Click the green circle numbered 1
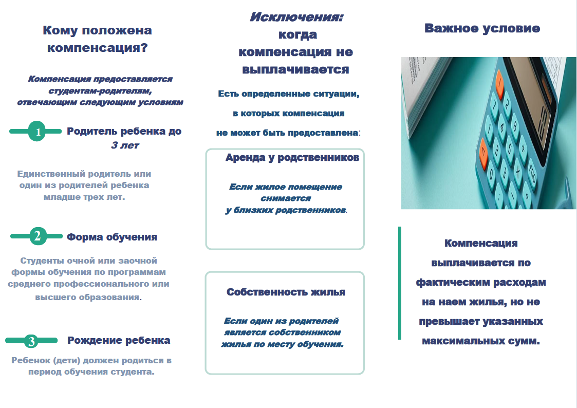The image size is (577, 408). pyautogui.click(x=37, y=131)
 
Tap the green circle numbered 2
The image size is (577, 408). pyautogui.click(x=38, y=236)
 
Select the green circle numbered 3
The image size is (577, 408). pyautogui.click(x=31, y=341)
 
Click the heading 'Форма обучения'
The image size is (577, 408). pyautogui.click(x=112, y=237)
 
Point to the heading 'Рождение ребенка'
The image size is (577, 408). pyautogui.click(x=119, y=340)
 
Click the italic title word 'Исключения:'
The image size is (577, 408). pyautogui.click(x=296, y=17)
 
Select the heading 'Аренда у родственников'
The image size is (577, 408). pyautogui.click(x=292, y=157)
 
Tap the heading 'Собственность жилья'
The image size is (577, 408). pyautogui.click(x=286, y=292)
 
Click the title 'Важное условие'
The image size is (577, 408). pyautogui.click(x=482, y=28)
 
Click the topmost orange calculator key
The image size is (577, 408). pyautogui.click(x=499, y=82)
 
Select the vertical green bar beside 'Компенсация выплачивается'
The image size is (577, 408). pyautogui.click(x=400, y=283)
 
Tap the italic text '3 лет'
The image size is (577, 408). pyautogui.click(x=125, y=145)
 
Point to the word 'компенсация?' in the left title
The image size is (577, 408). pyautogui.click(x=98, y=48)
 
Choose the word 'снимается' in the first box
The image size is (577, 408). pyautogui.click(x=286, y=198)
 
